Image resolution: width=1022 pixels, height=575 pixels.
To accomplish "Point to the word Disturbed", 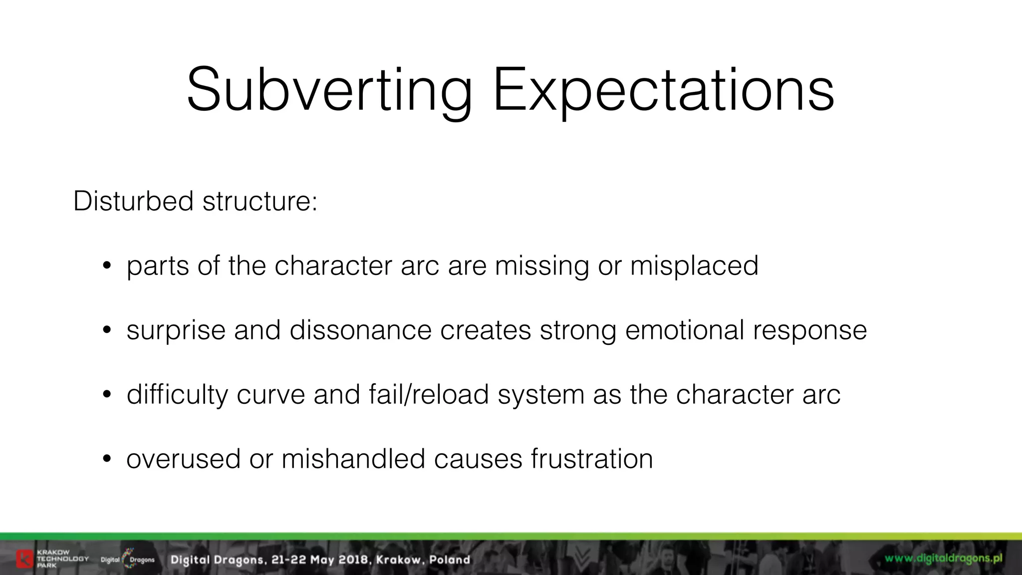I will point(133,201).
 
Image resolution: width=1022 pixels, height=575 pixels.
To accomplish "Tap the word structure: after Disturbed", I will point(259,201).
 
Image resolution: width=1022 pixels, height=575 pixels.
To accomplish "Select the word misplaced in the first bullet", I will point(694,266).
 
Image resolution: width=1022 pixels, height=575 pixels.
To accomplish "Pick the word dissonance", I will point(360,330).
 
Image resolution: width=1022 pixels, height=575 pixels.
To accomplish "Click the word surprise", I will point(176,331).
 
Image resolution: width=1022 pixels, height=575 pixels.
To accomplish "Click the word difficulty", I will point(177,394).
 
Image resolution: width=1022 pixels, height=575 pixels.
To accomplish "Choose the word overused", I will point(183,459).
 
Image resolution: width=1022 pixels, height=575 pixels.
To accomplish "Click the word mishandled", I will point(353,459).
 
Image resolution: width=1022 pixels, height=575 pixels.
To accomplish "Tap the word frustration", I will point(592,459).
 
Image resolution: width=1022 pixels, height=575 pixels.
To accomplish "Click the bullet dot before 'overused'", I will point(106,459).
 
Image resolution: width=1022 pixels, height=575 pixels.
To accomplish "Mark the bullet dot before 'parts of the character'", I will point(106,266).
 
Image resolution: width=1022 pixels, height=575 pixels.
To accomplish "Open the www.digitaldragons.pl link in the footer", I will point(943,559).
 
